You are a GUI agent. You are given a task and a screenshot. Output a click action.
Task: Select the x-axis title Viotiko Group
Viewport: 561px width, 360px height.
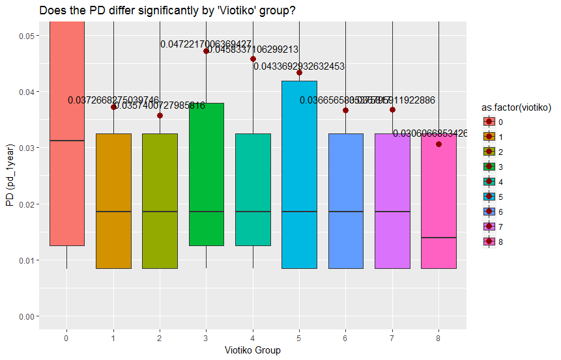(x=252, y=350)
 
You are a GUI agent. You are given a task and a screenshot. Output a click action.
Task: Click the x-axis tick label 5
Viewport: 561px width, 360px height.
(x=299, y=338)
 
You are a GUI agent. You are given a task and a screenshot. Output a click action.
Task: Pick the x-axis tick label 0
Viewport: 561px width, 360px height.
(x=66, y=338)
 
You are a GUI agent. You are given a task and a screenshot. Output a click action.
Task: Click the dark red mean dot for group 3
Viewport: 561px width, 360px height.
(x=206, y=51)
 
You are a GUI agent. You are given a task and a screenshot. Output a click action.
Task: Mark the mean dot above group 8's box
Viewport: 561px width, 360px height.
(x=439, y=144)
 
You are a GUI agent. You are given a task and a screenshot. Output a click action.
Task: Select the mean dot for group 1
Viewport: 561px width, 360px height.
(x=113, y=107)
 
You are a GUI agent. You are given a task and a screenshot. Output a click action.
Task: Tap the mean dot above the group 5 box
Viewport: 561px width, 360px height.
(x=299, y=72)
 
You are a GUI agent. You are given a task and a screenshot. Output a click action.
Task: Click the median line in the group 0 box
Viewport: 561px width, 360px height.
(x=66, y=141)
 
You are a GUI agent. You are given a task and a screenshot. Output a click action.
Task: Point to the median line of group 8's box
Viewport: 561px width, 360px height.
(x=439, y=238)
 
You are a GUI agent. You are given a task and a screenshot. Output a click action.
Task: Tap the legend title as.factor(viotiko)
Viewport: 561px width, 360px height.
(x=517, y=107)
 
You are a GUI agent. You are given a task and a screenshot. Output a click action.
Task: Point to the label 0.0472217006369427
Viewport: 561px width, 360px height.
(x=206, y=44)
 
